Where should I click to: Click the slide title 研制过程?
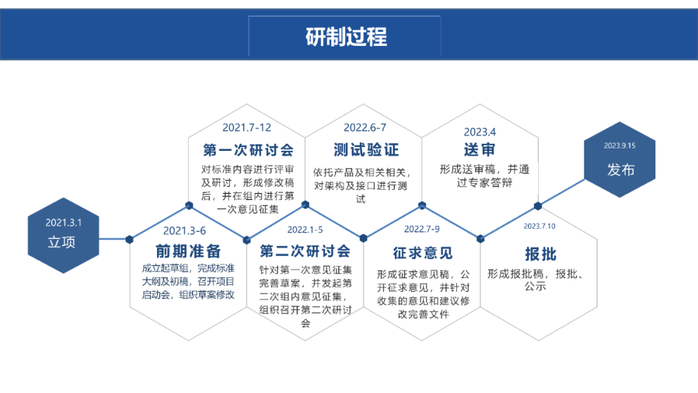[346, 36]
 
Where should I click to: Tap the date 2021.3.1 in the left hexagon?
[63, 222]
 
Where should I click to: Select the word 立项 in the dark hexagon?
[61, 243]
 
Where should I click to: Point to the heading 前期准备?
[188, 251]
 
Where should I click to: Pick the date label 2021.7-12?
[247, 127]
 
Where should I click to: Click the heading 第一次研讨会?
[248, 150]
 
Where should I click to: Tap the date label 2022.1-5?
[304, 229]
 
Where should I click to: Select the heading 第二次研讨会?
[305, 251]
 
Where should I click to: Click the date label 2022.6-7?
[365, 127]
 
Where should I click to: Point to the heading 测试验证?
[366, 150]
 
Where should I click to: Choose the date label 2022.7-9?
[421, 229]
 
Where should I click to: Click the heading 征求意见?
[423, 253]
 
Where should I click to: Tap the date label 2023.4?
[480, 132]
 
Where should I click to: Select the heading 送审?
[480, 150]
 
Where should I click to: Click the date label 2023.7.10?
[539, 226]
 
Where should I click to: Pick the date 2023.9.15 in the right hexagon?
[619, 146]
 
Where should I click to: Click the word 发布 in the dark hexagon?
[620, 170]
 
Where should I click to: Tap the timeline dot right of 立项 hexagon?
[130, 239]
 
